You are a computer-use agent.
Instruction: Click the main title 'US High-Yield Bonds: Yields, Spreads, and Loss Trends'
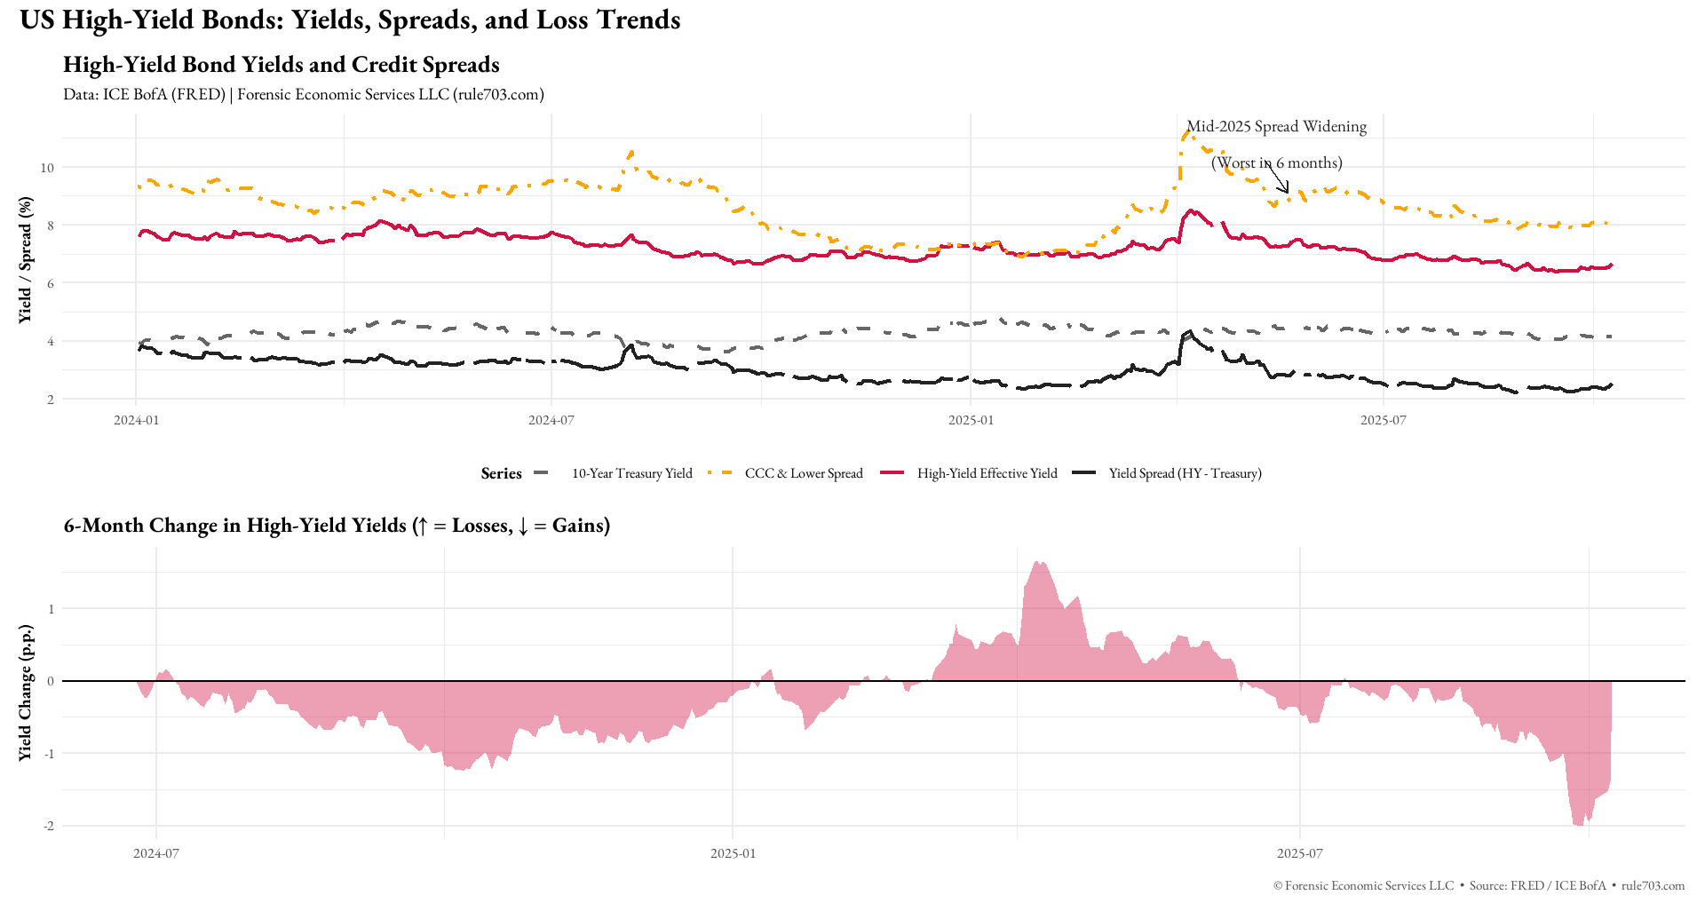click(350, 20)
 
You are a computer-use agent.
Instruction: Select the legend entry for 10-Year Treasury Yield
click(631, 473)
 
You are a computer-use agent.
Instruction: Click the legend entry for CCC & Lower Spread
click(803, 473)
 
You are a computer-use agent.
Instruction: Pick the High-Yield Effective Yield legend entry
click(987, 473)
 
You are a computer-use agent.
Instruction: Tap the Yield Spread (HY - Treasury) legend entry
click(1185, 473)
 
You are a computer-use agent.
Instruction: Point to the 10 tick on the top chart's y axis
click(47, 168)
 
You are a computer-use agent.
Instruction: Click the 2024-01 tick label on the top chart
click(136, 420)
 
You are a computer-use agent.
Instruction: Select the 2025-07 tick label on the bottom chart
click(1299, 854)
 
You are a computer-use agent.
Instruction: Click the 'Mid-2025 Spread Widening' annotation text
click(1276, 127)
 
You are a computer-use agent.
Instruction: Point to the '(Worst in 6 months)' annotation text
click(1276, 163)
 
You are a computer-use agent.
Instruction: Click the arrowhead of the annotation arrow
click(1287, 191)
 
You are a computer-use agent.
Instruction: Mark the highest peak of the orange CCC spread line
click(1186, 133)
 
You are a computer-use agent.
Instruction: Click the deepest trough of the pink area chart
click(1579, 825)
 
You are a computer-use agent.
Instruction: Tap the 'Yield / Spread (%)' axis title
click(25, 259)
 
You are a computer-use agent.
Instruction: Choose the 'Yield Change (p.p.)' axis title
click(25, 693)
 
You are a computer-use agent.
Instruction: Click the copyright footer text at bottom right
click(1478, 886)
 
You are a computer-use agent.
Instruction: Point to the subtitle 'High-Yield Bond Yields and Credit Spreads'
click(281, 65)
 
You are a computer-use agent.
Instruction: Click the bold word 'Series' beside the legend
click(501, 473)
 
